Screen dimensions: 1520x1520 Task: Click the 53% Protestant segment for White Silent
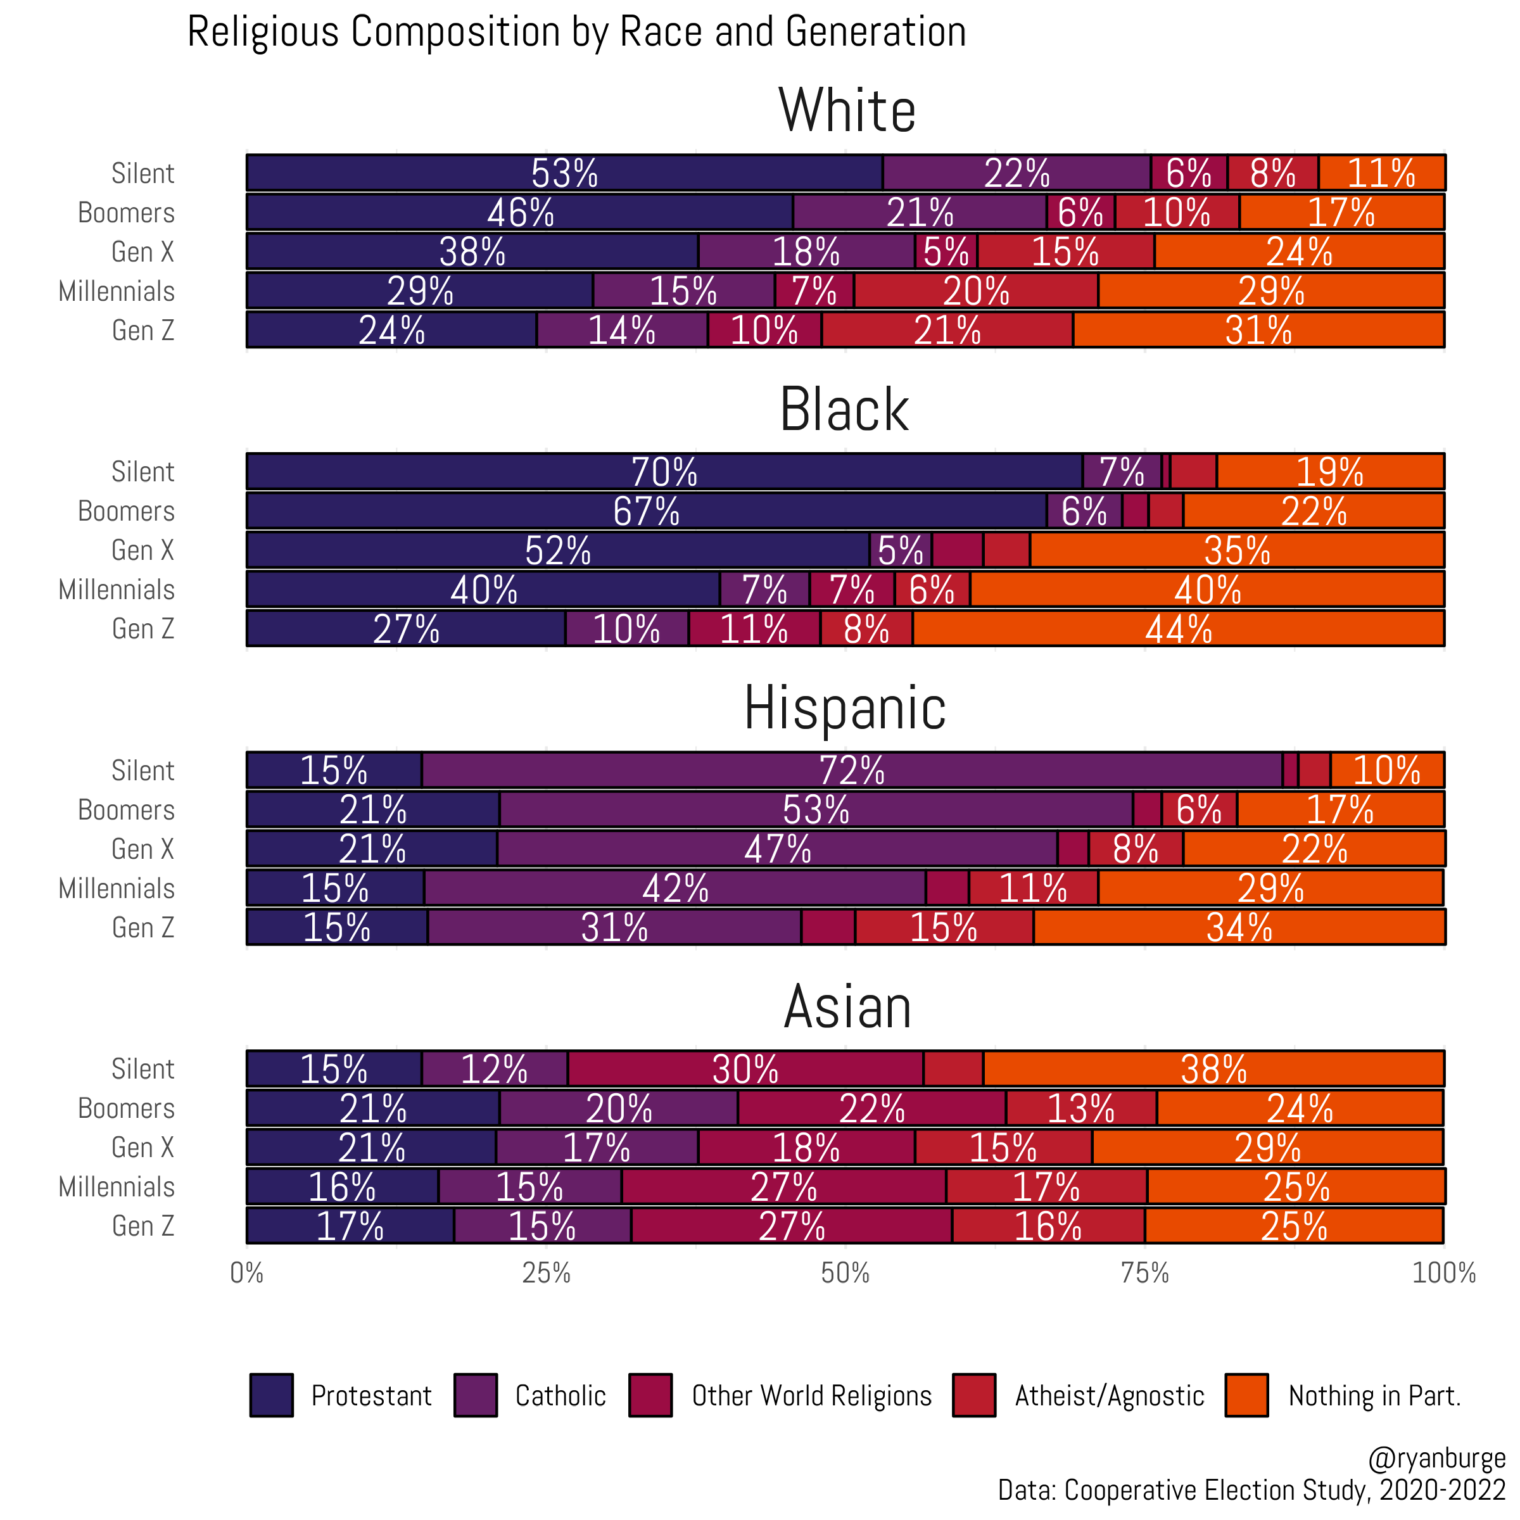click(564, 173)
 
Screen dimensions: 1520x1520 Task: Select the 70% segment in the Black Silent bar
click(664, 472)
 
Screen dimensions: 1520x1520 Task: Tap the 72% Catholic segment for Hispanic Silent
click(851, 770)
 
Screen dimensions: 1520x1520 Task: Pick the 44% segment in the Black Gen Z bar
click(1178, 630)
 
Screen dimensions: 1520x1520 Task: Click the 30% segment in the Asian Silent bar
click(745, 1069)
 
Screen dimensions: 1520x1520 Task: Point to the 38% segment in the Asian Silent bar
click(1213, 1069)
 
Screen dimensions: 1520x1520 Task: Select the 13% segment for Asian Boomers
click(1080, 1108)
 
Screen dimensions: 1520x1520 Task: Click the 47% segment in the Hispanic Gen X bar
click(777, 849)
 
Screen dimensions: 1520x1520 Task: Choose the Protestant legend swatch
click(272, 1395)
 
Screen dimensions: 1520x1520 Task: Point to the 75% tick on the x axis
click(1144, 1273)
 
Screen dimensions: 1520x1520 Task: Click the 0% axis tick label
click(247, 1273)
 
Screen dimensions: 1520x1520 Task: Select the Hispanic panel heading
click(845, 708)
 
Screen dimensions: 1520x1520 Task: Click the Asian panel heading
click(847, 1007)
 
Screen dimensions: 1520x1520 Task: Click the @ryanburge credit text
click(1436, 1458)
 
